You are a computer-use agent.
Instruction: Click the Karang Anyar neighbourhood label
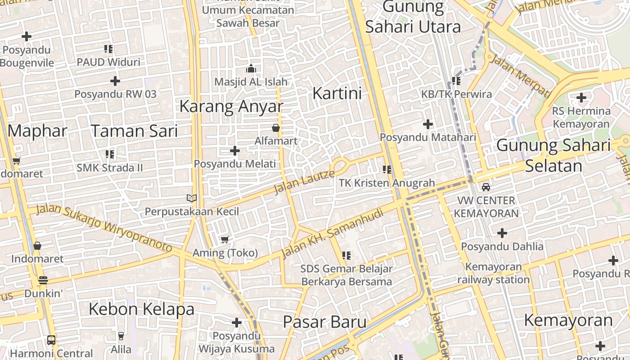pyautogui.click(x=231, y=107)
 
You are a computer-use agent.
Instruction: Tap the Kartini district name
pyautogui.click(x=337, y=94)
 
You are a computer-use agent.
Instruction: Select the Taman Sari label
pyautogui.click(x=134, y=131)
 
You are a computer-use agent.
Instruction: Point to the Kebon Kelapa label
pyautogui.click(x=141, y=309)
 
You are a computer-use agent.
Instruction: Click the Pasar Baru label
pyautogui.click(x=324, y=322)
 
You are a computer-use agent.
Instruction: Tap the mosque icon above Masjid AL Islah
pyautogui.click(x=251, y=68)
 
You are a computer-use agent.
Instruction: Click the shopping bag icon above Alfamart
pyautogui.click(x=276, y=128)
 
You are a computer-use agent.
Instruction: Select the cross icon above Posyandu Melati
pyautogui.click(x=235, y=151)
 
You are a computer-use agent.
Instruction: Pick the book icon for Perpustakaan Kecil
pyautogui.click(x=192, y=198)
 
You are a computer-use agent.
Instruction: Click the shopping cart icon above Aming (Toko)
pyautogui.click(x=225, y=239)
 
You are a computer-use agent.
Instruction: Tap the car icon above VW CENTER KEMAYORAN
pyautogui.click(x=486, y=187)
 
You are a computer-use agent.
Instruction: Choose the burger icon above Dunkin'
pyautogui.click(x=43, y=280)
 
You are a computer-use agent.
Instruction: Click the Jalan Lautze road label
pyautogui.click(x=304, y=181)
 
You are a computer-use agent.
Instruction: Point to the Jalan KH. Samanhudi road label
pyautogui.click(x=333, y=233)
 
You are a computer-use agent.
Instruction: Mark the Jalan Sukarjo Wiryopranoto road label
pyautogui.click(x=103, y=228)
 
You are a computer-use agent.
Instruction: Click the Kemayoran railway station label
pyautogui.click(x=494, y=273)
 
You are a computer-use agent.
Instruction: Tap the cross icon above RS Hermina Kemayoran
pyautogui.click(x=581, y=97)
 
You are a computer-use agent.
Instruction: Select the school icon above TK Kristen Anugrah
pyautogui.click(x=387, y=170)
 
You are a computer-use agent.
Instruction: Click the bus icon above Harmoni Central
pyautogui.click(x=51, y=340)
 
